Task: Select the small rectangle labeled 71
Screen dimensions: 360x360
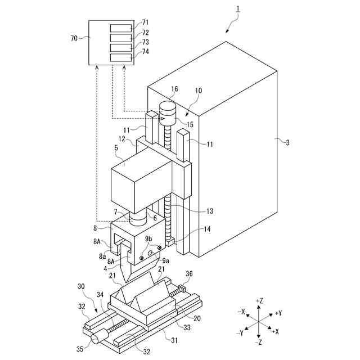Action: point(121,28)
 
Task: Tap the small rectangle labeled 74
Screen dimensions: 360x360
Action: point(121,57)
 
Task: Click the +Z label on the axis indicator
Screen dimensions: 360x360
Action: point(259,301)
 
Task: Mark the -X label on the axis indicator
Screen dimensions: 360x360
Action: point(241,312)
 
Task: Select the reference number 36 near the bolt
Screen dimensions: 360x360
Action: point(189,274)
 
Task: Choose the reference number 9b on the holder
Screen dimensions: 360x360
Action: point(148,238)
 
